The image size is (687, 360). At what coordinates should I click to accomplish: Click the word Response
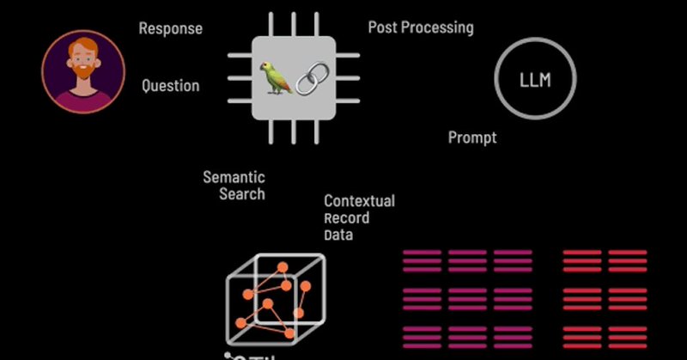171,28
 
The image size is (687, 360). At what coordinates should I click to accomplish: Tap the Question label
170,86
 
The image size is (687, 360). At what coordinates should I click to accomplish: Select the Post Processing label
421,27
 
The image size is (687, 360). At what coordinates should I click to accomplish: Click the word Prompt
472,137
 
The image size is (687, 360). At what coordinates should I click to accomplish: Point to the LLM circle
535,82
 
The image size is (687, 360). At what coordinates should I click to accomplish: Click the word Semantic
234,177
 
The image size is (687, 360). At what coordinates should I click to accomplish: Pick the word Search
242,194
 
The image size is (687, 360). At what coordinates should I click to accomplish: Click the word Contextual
359,201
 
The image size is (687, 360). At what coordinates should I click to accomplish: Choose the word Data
338,235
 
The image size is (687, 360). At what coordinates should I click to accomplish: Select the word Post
383,27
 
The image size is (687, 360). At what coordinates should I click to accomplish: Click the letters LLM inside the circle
535,82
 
